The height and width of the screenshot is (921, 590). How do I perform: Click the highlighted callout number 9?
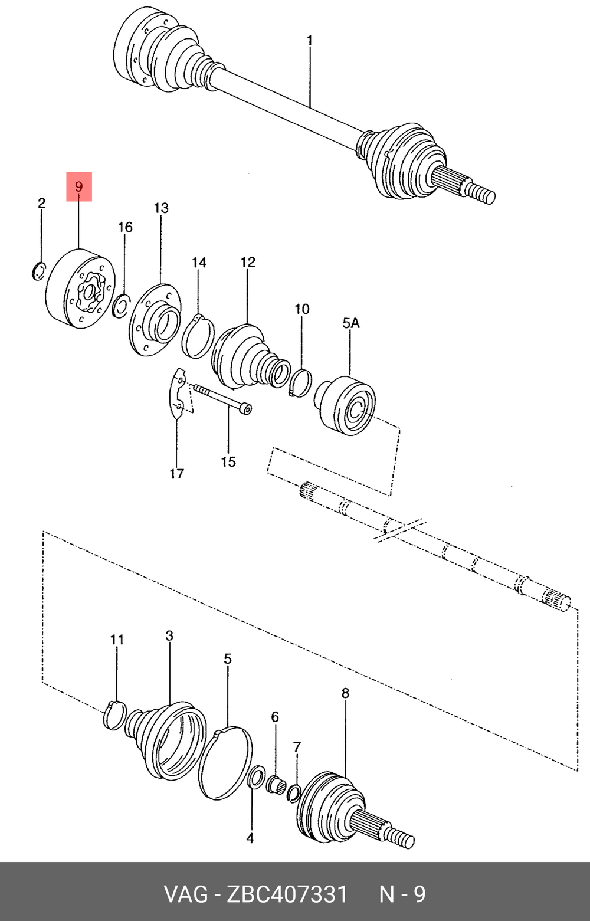[x=79, y=187]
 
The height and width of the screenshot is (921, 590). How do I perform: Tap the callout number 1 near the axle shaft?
[x=309, y=41]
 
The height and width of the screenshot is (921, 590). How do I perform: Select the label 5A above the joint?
[x=351, y=323]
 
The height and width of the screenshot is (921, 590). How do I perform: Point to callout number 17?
[x=177, y=474]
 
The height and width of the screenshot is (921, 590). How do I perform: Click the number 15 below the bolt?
[x=228, y=462]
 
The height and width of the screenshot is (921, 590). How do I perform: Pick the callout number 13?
[x=161, y=208]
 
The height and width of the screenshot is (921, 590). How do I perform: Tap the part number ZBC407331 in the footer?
[x=287, y=894]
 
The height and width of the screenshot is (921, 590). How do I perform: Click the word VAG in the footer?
[x=186, y=894]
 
